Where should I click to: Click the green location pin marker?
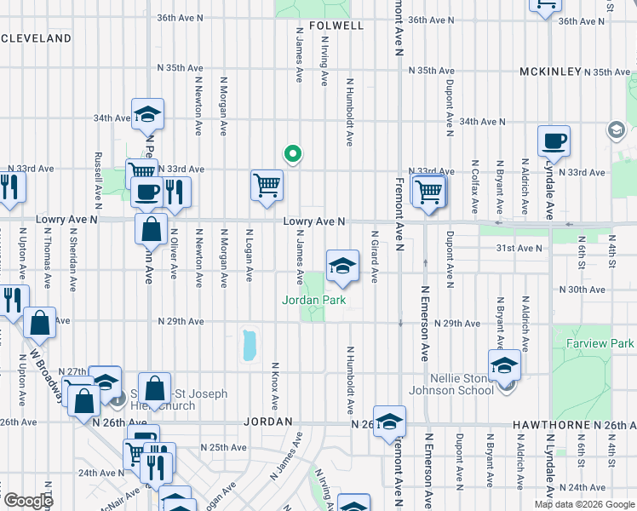tap(292, 154)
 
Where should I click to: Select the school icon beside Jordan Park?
tap(342, 267)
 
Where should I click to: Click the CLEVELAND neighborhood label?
tap(36, 38)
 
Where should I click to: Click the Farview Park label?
tap(600, 344)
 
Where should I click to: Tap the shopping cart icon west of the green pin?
tap(267, 185)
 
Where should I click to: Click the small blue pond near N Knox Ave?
tap(250, 345)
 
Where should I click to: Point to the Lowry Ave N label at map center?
tap(314, 221)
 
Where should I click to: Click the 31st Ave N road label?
tap(522, 248)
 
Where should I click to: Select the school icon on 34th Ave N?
tap(147, 114)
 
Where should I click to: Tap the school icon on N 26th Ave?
tap(389, 421)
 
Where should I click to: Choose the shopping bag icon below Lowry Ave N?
tap(151, 228)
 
